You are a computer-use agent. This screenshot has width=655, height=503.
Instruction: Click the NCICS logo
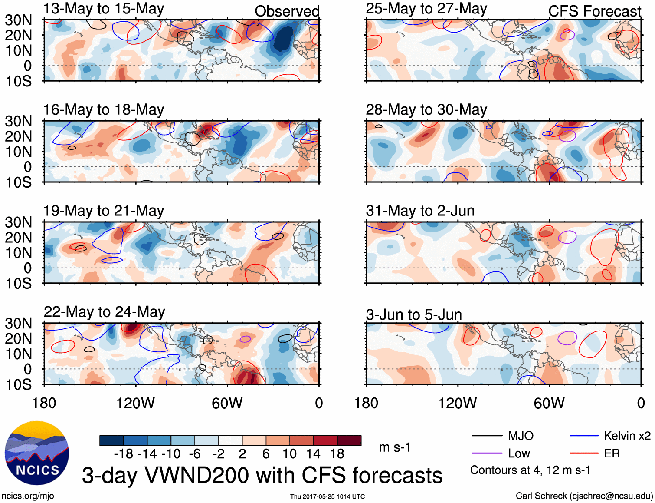coord(36,453)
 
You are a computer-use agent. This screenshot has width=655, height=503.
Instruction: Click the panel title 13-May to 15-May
coord(104,9)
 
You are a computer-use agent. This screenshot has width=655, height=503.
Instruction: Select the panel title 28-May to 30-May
coord(426,109)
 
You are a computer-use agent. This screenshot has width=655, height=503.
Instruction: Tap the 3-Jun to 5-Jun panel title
coord(413,314)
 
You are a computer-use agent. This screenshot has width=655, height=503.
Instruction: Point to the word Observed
coord(287,11)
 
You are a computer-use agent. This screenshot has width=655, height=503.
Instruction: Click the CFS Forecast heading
coord(594,11)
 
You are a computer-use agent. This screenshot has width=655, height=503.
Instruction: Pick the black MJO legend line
coord(487,436)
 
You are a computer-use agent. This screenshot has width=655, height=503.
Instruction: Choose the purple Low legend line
coord(487,453)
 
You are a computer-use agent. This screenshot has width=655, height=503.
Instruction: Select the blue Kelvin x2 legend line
coord(584,436)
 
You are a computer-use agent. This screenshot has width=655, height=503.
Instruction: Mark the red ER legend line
coord(584,453)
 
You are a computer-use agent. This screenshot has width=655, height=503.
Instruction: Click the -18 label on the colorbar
coord(123,454)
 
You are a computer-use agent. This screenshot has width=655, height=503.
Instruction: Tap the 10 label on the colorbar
coord(289,454)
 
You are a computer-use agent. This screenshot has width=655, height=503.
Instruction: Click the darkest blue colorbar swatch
coord(111,440)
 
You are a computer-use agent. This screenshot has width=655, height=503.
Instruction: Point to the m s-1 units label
coord(395,447)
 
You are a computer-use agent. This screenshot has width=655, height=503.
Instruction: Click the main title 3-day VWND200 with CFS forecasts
coord(262,475)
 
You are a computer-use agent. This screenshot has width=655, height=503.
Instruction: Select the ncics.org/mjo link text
coord(28,496)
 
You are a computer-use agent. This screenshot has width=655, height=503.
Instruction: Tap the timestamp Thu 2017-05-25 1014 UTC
coord(327,496)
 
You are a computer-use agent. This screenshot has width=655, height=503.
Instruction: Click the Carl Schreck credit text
coord(584,496)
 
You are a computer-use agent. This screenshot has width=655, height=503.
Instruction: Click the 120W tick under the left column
coord(135,403)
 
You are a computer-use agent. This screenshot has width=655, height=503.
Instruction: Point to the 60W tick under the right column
coord(549,403)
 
